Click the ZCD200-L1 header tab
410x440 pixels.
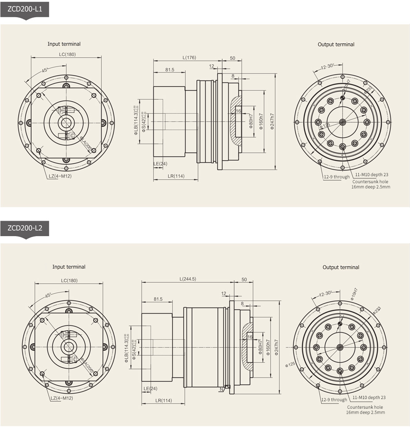(x=24, y=9)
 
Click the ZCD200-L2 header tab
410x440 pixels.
(x=24, y=228)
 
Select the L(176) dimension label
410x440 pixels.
(x=189, y=58)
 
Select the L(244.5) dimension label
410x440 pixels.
(x=188, y=279)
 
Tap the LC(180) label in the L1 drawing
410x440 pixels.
(x=67, y=54)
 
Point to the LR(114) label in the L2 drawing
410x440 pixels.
(x=163, y=401)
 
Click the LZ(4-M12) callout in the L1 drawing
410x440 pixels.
(x=61, y=177)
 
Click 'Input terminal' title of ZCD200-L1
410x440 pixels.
(x=64, y=44)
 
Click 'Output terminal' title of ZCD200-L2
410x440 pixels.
(x=341, y=267)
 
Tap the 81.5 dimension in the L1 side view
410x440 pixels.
(x=170, y=70)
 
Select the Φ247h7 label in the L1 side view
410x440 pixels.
(x=272, y=122)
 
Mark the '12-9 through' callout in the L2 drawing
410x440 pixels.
(x=334, y=400)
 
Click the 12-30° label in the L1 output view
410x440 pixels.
(x=327, y=67)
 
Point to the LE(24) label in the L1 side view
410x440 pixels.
(x=160, y=164)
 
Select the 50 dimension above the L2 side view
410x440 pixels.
(x=244, y=280)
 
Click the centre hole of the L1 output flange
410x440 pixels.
(x=343, y=122)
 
